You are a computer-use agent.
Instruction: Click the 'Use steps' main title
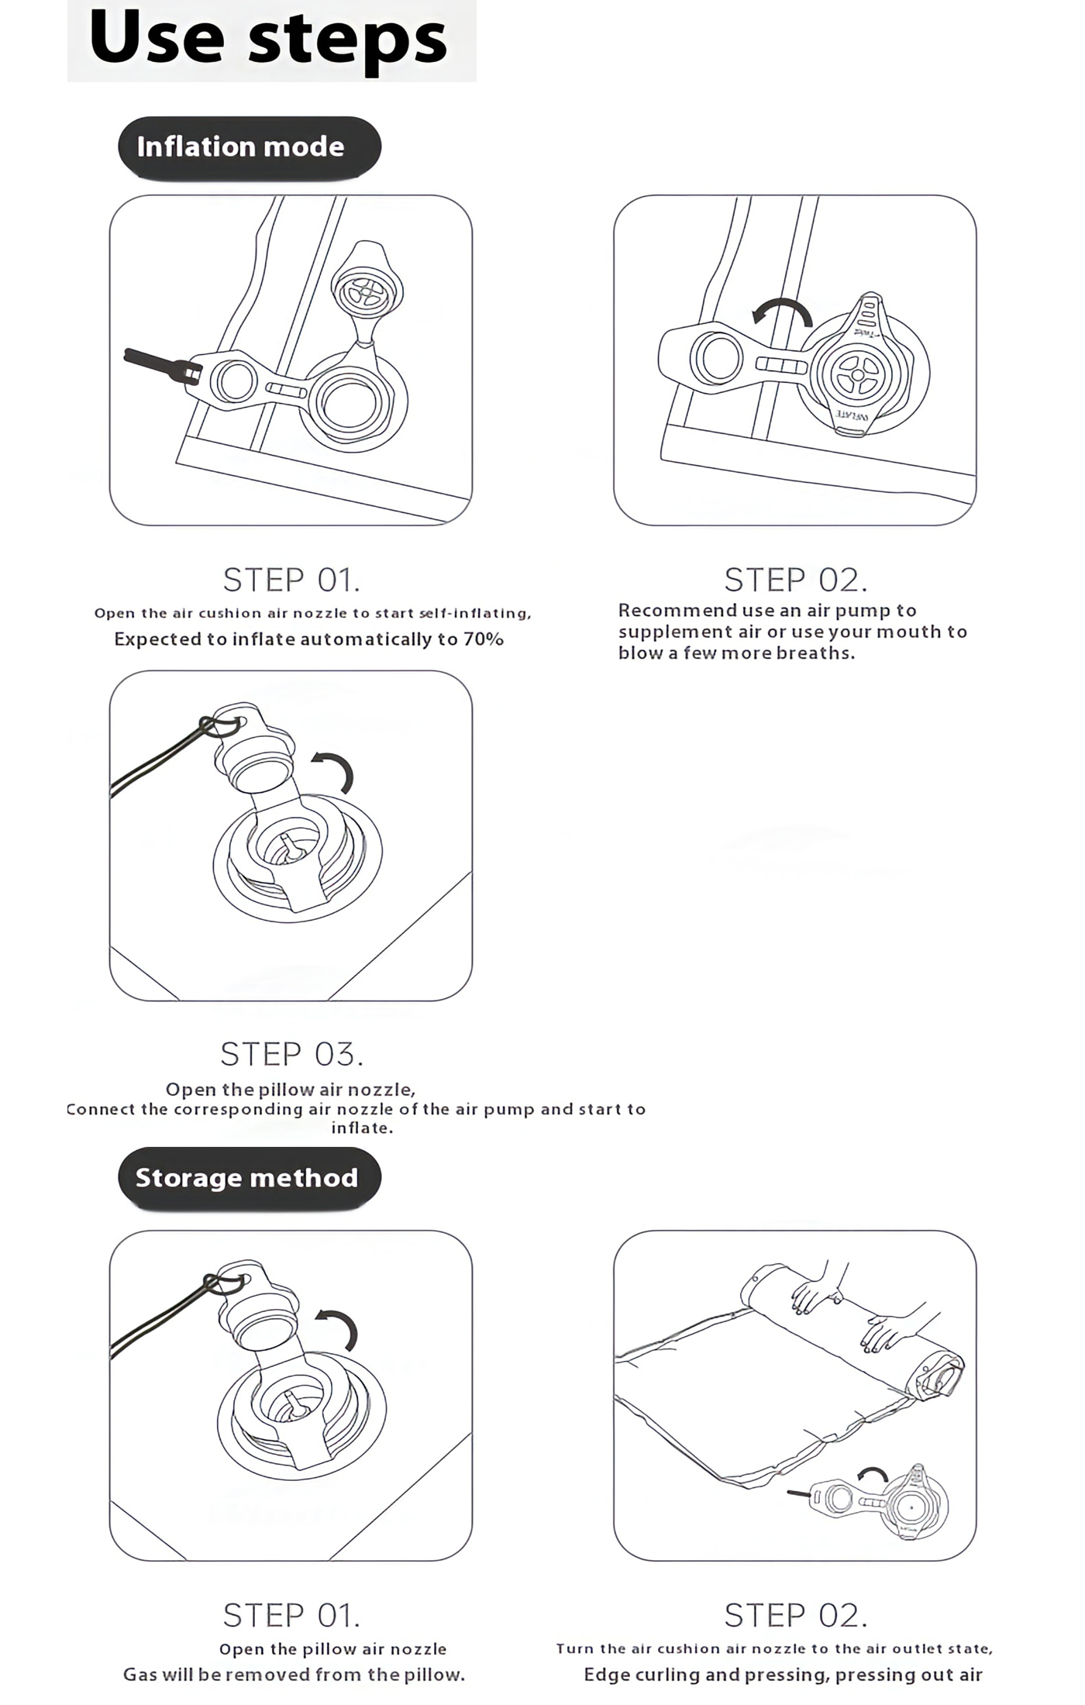pos(268,39)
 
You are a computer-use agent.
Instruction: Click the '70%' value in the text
pos(484,639)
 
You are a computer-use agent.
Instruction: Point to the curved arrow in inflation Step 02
pos(783,312)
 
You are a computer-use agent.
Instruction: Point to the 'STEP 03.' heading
pos(291,1055)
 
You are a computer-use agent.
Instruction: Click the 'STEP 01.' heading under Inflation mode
pos(291,580)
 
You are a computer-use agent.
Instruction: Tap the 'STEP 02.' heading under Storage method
pos(795,1616)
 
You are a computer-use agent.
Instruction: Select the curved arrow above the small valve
pos(873,1473)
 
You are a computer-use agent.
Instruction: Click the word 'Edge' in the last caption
pos(606,1675)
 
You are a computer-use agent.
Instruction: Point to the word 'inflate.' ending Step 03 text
pos(362,1128)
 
